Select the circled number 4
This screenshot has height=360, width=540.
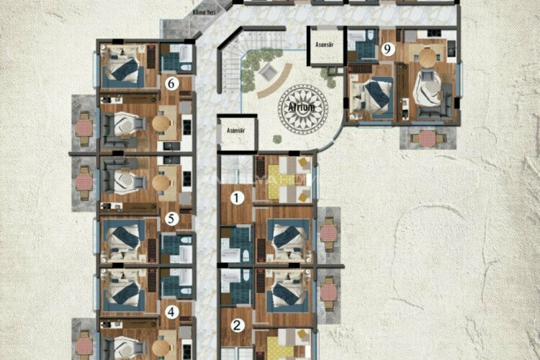(171, 312)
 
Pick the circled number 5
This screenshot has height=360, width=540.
(171, 218)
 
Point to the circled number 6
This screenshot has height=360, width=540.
(171, 84)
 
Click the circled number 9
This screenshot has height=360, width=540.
(388, 50)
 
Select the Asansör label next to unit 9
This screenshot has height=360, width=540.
(325, 43)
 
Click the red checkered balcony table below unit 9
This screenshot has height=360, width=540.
(427, 138)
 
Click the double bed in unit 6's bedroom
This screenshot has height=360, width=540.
(125, 66)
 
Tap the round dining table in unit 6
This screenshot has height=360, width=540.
(161, 123)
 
